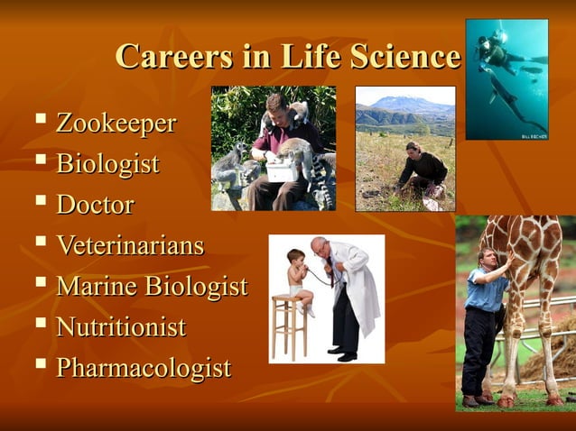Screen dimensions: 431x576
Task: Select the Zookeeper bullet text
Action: pyautogui.click(x=116, y=123)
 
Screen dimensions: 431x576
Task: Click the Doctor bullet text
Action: pyautogui.click(x=95, y=205)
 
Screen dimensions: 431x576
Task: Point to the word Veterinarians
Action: pyautogui.click(x=130, y=245)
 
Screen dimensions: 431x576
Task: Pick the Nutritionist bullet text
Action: pyautogui.click(x=121, y=327)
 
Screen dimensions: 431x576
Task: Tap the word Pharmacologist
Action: pyautogui.click(x=144, y=369)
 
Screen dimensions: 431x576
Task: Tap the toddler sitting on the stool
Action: pyautogui.click(x=297, y=276)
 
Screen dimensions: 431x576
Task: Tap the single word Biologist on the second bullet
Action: pyautogui.click(x=107, y=164)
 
